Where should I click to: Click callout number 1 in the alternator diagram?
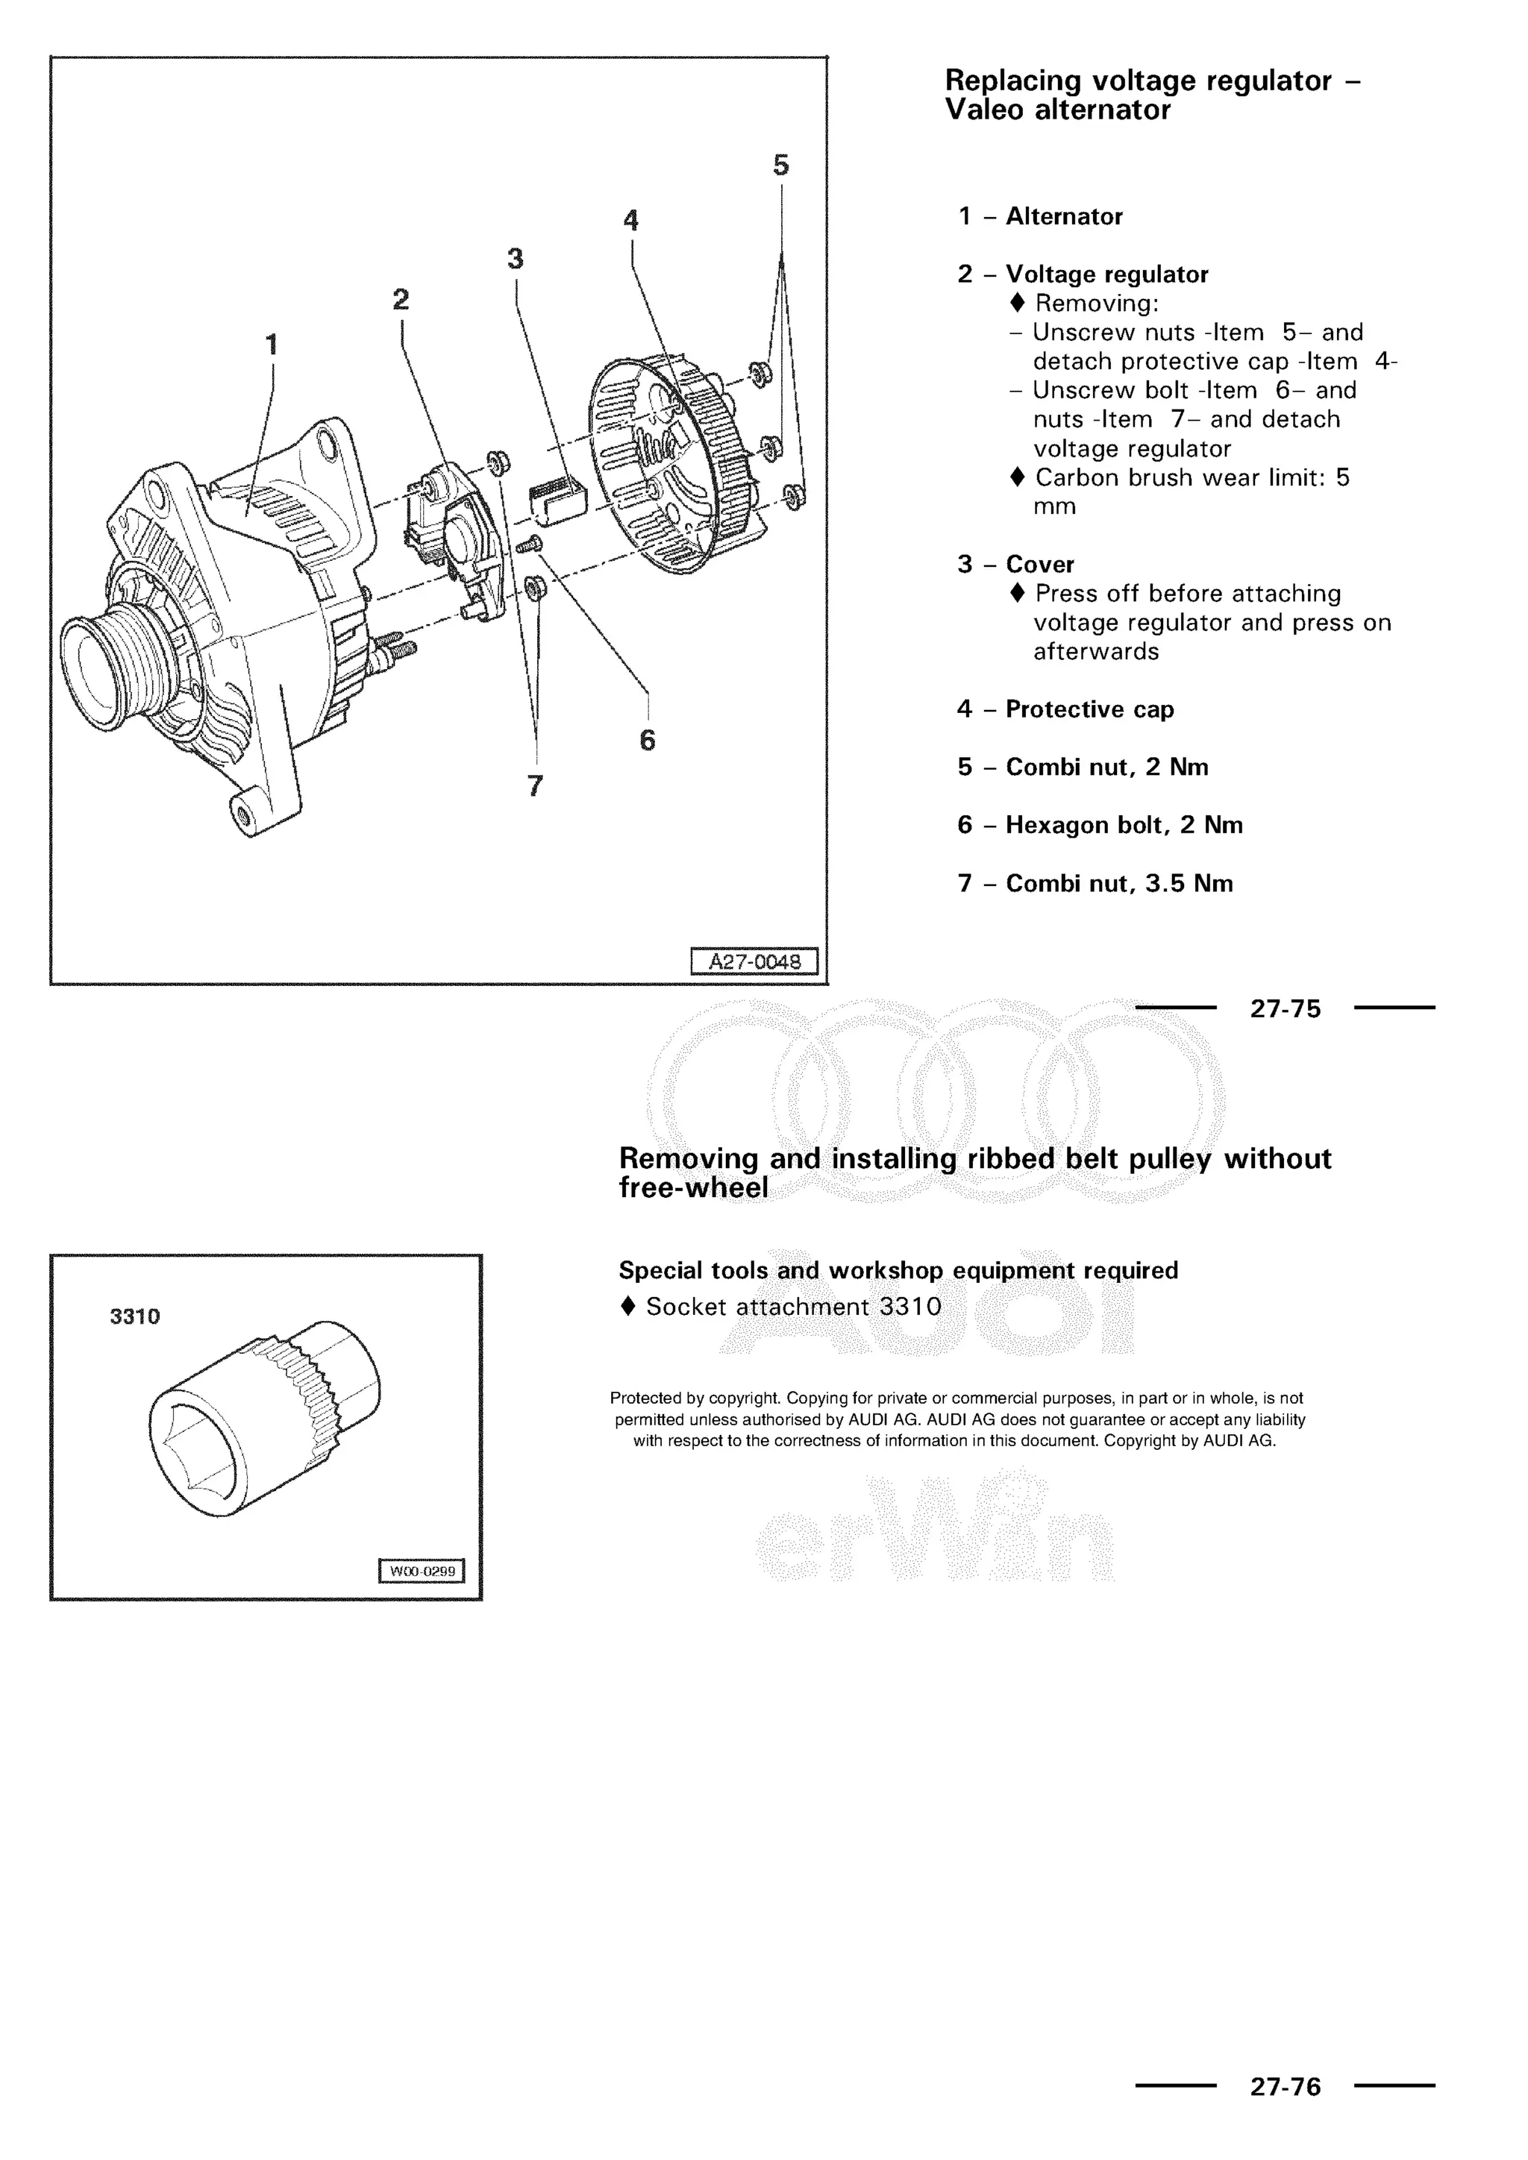click(x=272, y=345)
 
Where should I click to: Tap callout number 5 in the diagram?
click(x=781, y=166)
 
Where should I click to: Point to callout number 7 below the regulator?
click(x=536, y=785)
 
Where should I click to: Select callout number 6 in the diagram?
click(x=648, y=741)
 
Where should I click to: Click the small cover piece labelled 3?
click(x=558, y=497)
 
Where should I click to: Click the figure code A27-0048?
click(x=754, y=961)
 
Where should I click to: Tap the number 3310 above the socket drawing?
click(x=134, y=1317)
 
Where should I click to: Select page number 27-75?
click(x=1286, y=1008)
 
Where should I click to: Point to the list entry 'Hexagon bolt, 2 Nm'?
click(x=1124, y=825)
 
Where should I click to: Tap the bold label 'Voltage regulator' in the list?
click(x=1106, y=274)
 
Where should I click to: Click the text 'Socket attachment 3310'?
click(x=793, y=1307)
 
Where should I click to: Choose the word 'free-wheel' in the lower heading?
click(x=693, y=1188)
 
